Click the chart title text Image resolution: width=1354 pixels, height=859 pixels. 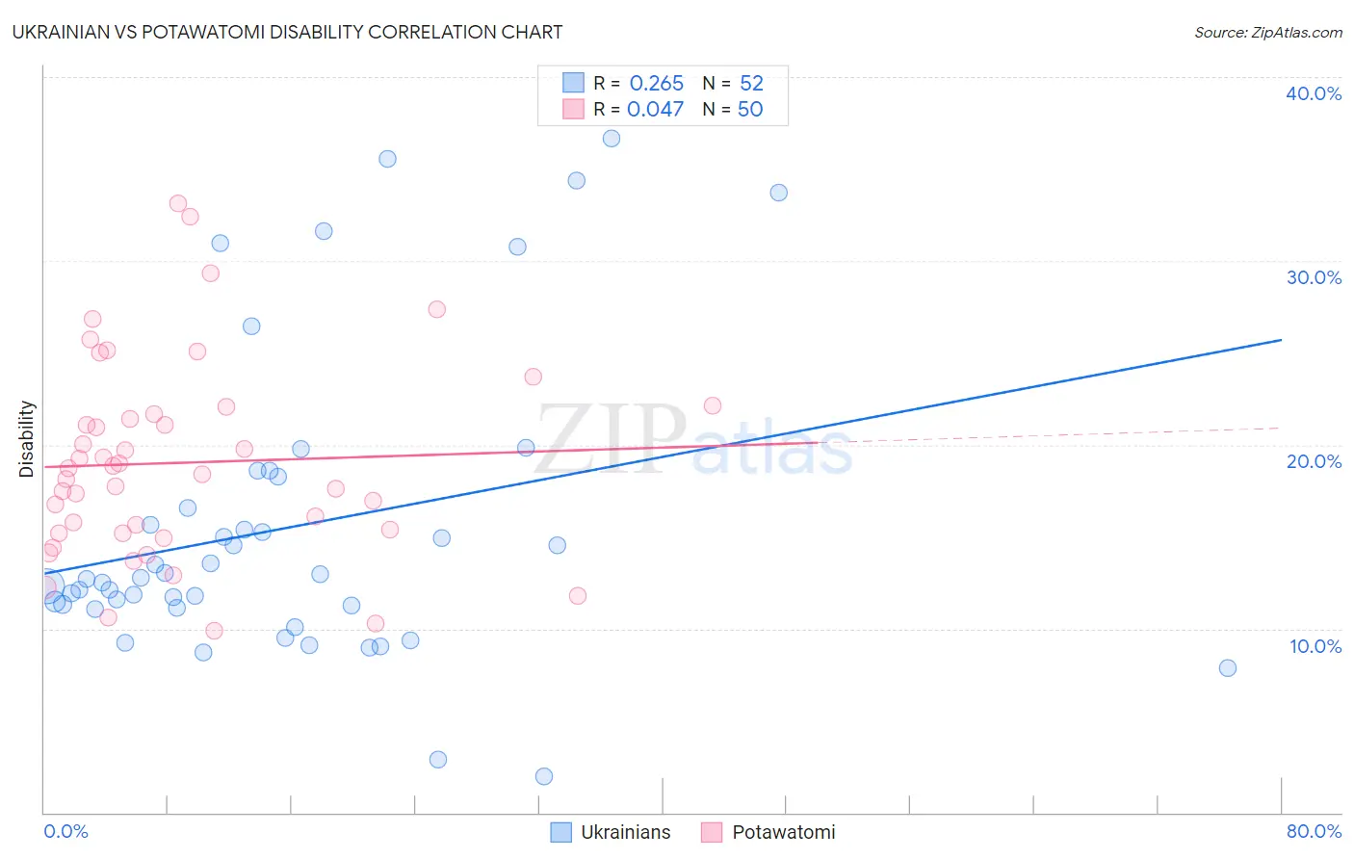click(x=287, y=32)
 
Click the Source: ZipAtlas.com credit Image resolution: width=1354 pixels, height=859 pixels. click(x=1267, y=33)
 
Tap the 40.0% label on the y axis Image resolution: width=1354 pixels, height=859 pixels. click(x=1314, y=93)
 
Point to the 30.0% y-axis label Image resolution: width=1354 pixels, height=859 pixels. click(x=1314, y=277)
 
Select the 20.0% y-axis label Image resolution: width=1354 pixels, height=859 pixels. click(x=1314, y=461)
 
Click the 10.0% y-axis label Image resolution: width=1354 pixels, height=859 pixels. click(x=1315, y=646)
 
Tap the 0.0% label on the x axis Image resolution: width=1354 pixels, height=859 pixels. click(x=65, y=831)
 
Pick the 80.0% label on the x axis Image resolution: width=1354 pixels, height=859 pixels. click(x=1314, y=831)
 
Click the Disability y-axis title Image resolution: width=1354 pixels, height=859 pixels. click(x=27, y=439)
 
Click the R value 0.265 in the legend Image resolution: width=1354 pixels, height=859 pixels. click(x=656, y=84)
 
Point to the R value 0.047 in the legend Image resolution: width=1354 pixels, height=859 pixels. click(x=655, y=110)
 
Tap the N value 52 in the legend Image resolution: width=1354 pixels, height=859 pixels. click(x=751, y=84)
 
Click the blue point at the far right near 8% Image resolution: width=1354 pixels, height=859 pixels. click(x=1227, y=668)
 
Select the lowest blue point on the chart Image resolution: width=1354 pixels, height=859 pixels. click(x=544, y=776)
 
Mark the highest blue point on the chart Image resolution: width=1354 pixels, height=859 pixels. click(x=612, y=139)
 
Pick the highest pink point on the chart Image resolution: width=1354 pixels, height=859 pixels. click(x=178, y=203)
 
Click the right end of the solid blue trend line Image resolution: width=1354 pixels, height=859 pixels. click(x=1281, y=340)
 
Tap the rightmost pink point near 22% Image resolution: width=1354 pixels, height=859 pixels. click(x=713, y=405)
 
